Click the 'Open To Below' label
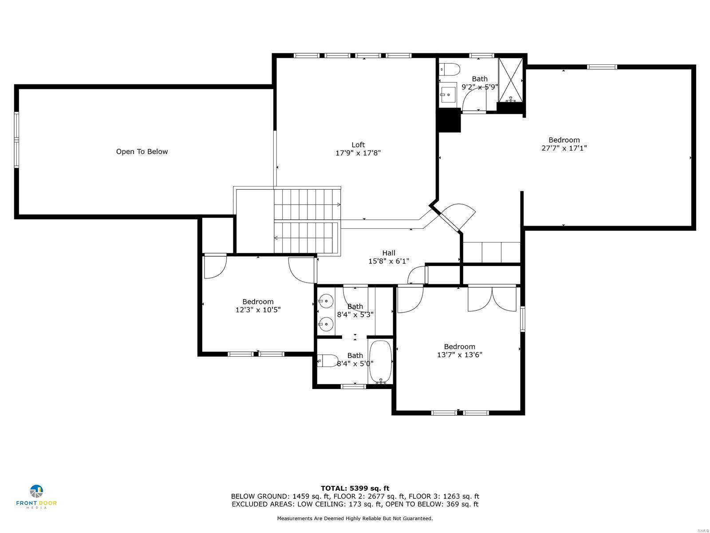point(142,151)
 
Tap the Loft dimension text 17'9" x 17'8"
point(358,153)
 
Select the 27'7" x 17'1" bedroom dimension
point(564,148)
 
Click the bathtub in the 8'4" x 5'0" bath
point(380,362)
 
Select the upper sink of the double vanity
point(326,301)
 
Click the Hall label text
point(389,253)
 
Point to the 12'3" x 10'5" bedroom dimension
point(258,310)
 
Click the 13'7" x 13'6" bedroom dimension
point(459,354)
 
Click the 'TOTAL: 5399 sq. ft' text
point(355,488)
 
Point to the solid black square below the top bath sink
point(450,120)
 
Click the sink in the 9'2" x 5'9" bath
point(448,94)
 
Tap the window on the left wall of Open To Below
point(16,140)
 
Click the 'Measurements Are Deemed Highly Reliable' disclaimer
point(355,518)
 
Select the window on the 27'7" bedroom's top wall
point(602,67)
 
